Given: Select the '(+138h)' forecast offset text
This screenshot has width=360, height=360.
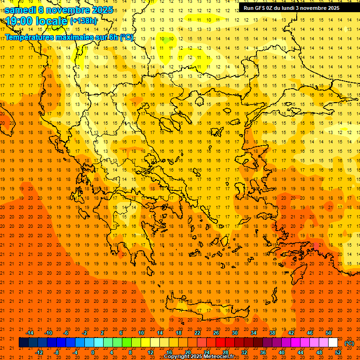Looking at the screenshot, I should (84, 21).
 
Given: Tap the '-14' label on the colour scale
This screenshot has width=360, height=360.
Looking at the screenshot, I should (30, 333).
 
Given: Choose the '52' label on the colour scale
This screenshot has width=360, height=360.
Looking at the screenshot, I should (338, 352).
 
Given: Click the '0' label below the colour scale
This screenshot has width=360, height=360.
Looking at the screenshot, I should (93, 352).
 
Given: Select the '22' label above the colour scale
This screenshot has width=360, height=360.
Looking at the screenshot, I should (197, 333).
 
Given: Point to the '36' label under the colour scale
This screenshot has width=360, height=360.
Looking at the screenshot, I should (262, 352).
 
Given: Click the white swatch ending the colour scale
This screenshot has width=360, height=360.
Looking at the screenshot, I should (333, 343).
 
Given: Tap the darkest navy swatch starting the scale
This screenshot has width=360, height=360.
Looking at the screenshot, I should (24, 343).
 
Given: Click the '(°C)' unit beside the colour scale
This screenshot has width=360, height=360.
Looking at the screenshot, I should (349, 343).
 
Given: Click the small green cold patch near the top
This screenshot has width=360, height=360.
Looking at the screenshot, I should (165, 40).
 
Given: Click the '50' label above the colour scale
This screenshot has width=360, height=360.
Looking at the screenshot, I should (329, 333).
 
